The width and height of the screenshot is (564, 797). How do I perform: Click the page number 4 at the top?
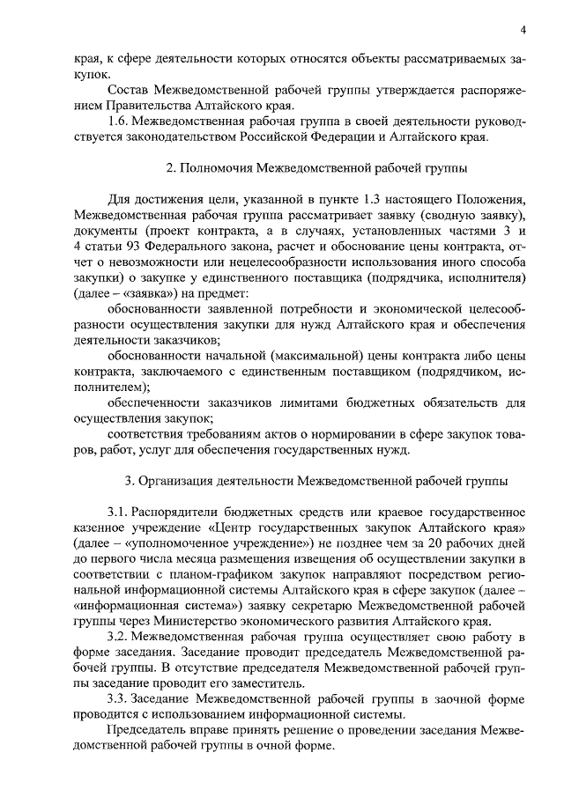tap(523, 30)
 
